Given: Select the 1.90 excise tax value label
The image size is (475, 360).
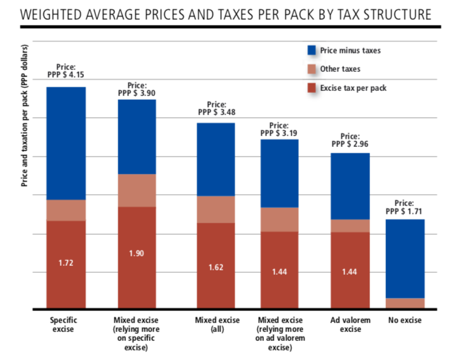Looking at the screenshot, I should (137, 253).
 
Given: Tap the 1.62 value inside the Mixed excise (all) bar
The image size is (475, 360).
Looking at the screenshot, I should (216, 267).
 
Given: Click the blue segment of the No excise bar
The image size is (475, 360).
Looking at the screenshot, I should (405, 258).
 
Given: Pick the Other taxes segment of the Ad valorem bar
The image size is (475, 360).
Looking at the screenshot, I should (350, 226).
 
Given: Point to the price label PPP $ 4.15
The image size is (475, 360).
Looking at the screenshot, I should (66, 74).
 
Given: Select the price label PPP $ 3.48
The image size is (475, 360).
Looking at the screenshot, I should (217, 112).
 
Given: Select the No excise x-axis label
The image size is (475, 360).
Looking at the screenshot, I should (404, 320).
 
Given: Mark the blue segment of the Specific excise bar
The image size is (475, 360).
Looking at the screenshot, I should (66, 143).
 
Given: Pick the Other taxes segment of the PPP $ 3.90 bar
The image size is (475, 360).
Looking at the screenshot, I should (137, 190).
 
